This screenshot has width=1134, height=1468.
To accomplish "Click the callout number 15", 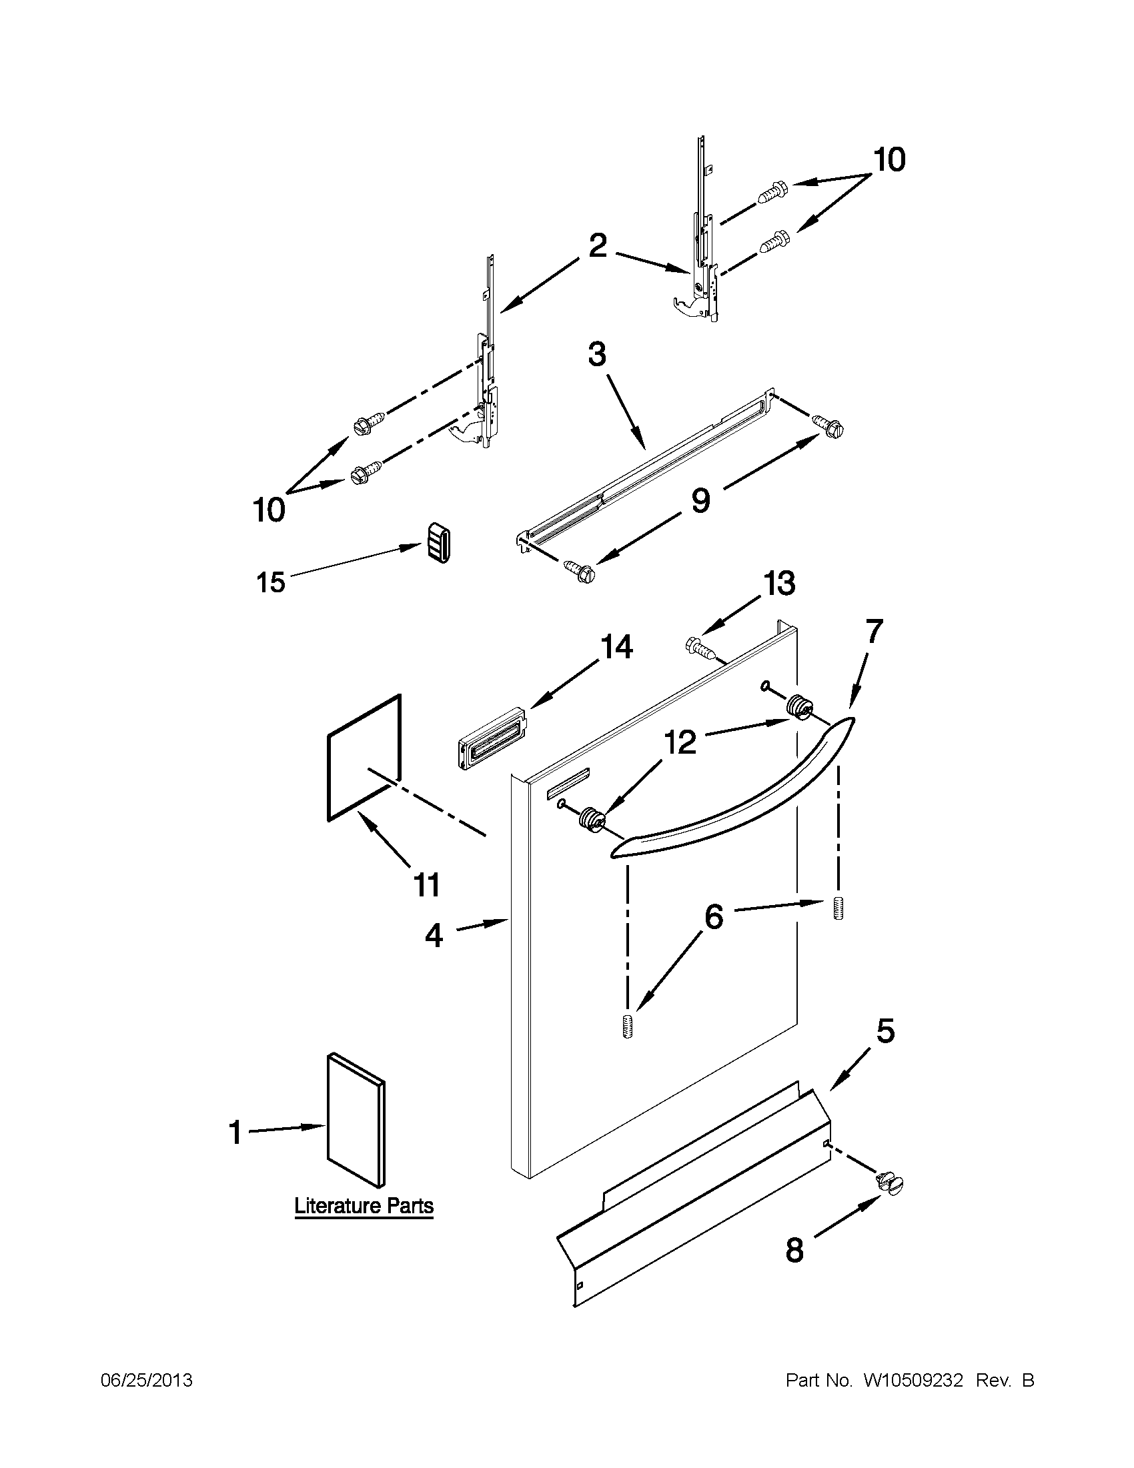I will pyautogui.click(x=271, y=582).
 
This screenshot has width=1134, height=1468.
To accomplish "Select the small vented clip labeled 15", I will pyautogui.click(x=437, y=543).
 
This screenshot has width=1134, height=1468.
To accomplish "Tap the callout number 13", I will pyautogui.click(x=778, y=584).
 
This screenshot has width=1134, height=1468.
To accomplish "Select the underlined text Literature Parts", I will pyautogui.click(x=364, y=1206).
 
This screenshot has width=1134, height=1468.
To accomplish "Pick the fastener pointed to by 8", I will pyautogui.click(x=889, y=1183).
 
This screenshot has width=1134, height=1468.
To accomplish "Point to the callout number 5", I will pyautogui.click(x=886, y=1030).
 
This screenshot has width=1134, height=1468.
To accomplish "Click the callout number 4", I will pyautogui.click(x=434, y=934).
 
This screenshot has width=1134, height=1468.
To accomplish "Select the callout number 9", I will pyautogui.click(x=700, y=501).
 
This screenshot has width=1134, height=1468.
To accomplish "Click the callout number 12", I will pyautogui.click(x=680, y=743).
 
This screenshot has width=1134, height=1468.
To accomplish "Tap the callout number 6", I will pyautogui.click(x=713, y=916).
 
